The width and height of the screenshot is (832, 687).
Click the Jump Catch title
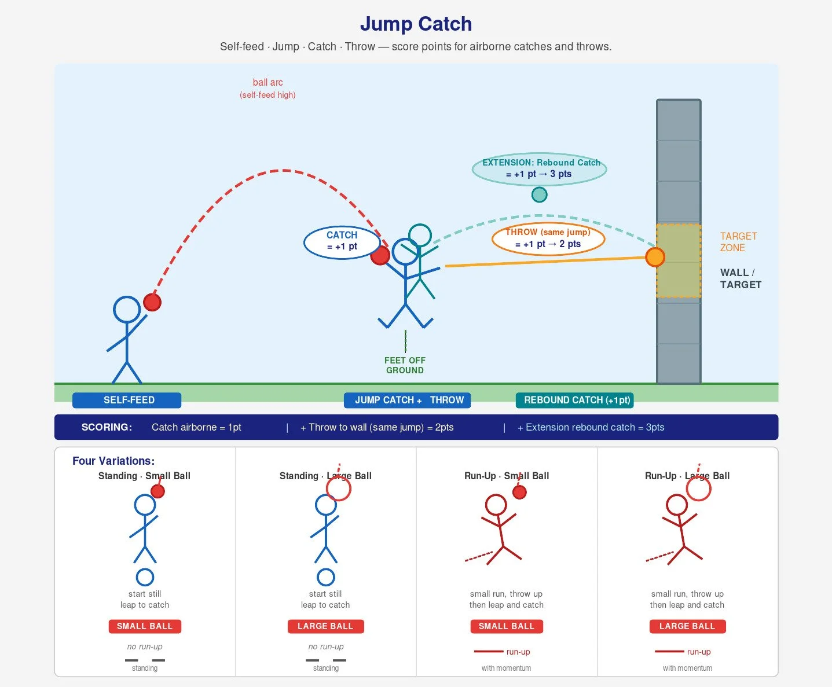pyautogui.click(x=416, y=24)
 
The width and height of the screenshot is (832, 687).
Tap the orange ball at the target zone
pyautogui.click(x=655, y=257)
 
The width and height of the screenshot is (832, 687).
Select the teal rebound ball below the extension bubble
pyautogui.click(x=539, y=194)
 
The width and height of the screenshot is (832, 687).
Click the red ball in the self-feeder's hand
pyautogui.click(x=152, y=302)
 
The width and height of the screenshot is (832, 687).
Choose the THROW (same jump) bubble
pyautogui.click(x=548, y=238)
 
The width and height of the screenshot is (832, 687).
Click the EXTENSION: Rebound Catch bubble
pyautogui.click(x=539, y=169)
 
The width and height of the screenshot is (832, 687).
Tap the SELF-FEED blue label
pyautogui.click(x=127, y=400)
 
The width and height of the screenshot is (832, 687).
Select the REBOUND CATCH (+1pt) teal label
pyautogui.click(x=574, y=400)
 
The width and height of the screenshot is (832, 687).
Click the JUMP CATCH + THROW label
pyautogui.click(x=407, y=400)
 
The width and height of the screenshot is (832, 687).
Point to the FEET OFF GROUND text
pyautogui.click(x=405, y=365)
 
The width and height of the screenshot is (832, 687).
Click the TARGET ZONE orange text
pyautogui.click(x=738, y=242)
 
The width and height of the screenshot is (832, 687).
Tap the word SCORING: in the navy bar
pyautogui.click(x=107, y=427)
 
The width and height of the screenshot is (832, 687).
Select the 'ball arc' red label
pyautogui.click(x=267, y=82)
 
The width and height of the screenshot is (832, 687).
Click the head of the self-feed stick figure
pyautogui.click(x=127, y=310)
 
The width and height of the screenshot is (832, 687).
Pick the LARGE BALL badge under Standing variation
pyautogui.click(x=325, y=626)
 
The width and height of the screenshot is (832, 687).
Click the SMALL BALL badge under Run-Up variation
pyautogui.click(x=507, y=626)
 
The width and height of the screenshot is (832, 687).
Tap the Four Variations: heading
pyautogui.click(x=113, y=461)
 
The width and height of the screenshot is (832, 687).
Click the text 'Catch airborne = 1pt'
pyautogui.click(x=196, y=427)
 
